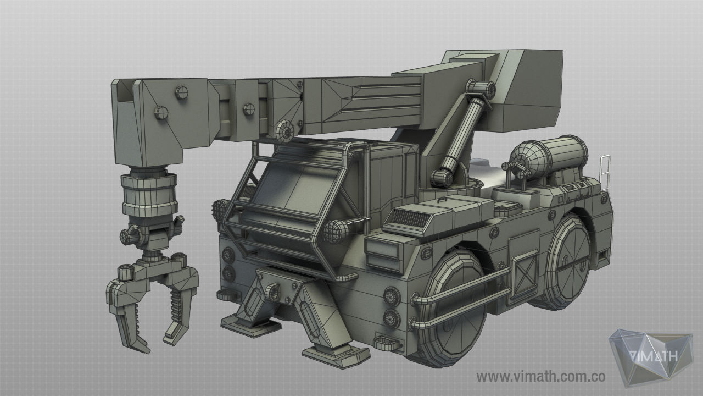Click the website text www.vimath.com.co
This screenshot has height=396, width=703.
coord(540,376)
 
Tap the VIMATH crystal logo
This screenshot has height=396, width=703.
coord(651,358)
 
